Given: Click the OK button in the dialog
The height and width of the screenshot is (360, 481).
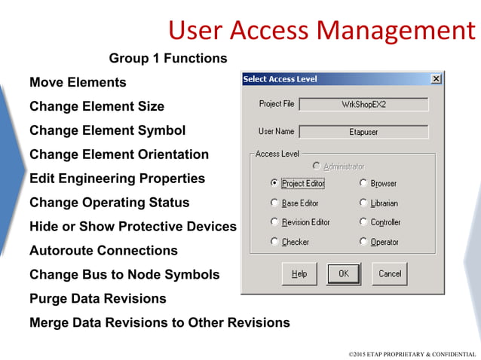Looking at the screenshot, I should [343, 273].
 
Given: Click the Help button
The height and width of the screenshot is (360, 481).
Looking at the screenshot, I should [299, 273].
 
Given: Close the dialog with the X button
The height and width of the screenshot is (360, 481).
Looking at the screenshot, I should [436, 79].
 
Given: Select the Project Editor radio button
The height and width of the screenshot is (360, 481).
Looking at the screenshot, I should [274, 183].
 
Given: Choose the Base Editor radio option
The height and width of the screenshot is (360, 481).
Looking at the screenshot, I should [274, 203].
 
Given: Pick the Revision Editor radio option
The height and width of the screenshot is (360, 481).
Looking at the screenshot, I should [274, 222].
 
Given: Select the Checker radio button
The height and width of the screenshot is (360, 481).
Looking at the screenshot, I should [274, 242].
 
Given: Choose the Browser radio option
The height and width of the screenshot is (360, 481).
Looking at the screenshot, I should [363, 183].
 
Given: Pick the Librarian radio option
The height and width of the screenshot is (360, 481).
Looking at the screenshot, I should [363, 203].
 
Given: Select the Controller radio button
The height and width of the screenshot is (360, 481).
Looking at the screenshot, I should [363, 222].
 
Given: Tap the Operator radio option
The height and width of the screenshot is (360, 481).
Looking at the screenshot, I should [363, 242].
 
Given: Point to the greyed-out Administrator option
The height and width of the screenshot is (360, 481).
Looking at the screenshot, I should [339, 166].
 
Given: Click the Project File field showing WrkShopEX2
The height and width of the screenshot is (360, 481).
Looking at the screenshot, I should [363, 105].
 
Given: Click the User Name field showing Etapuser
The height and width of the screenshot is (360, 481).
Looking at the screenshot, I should [363, 132].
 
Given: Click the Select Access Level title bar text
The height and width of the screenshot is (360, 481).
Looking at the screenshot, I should [280, 79].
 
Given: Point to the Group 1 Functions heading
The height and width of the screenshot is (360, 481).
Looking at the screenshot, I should [168, 58].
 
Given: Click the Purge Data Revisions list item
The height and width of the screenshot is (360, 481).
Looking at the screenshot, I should [97, 298].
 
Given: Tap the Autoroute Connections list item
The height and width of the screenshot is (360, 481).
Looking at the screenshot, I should [103, 250].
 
